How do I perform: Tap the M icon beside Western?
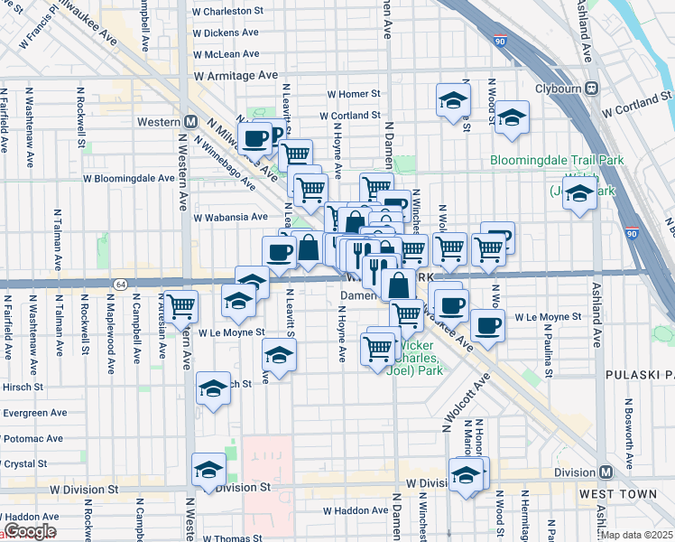click(x=190, y=121)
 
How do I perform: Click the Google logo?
click(x=29, y=532)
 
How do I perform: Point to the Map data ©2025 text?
click(x=637, y=535)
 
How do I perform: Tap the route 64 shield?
click(x=120, y=284)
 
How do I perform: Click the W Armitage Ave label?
click(x=236, y=77)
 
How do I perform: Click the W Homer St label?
click(x=354, y=94)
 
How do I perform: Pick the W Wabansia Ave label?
click(x=230, y=217)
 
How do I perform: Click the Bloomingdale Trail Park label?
click(x=557, y=161)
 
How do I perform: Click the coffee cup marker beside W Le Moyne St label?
click(x=488, y=325)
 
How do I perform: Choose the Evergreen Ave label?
click(x=34, y=413)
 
